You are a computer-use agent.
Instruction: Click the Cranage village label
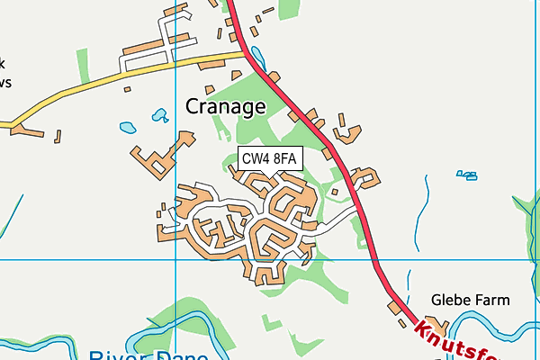[225, 106]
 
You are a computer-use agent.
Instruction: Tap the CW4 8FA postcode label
[269, 159]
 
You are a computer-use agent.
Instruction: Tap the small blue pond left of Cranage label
[160, 115]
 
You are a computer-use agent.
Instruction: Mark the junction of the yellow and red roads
[247, 53]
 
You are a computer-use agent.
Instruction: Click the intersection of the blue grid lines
[175, 259]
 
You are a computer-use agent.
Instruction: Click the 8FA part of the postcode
[285, 159]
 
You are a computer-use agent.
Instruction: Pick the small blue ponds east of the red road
[466, 175]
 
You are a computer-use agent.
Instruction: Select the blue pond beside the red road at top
[258, 55]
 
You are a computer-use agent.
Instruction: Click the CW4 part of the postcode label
[256, 159]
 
